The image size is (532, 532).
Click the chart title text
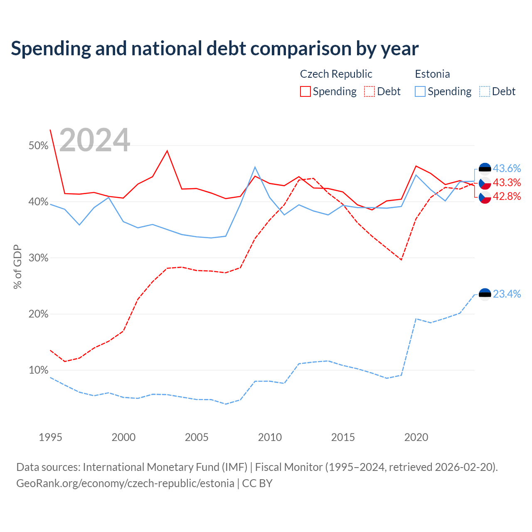pos(214,49)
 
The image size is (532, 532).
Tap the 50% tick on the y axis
pos(38,145)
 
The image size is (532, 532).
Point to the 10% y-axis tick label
pos(38,370)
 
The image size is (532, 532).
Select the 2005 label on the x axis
pos(197,437)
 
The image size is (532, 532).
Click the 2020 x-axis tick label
pos(416,437)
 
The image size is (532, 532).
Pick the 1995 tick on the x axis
pos(50,437)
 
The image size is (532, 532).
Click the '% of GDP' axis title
pos(17,267)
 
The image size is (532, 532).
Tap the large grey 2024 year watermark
pos(94,140)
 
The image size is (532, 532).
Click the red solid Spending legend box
pos(305,91)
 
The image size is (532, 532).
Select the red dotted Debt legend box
pos(369,91)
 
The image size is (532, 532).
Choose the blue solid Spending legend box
pos(420,91)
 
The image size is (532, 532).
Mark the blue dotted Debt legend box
pos(484,91)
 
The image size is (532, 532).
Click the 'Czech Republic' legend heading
pos(336,74)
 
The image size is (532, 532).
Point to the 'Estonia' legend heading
pos(432,74)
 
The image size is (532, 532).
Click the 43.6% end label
pos(507,168)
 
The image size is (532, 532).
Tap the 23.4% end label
pos(507,294)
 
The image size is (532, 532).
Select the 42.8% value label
pos(507,196)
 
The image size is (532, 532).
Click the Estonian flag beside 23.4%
pos(485,294)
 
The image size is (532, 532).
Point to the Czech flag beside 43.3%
pos(485,183)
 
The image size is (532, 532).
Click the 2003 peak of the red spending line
pos(167,151)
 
